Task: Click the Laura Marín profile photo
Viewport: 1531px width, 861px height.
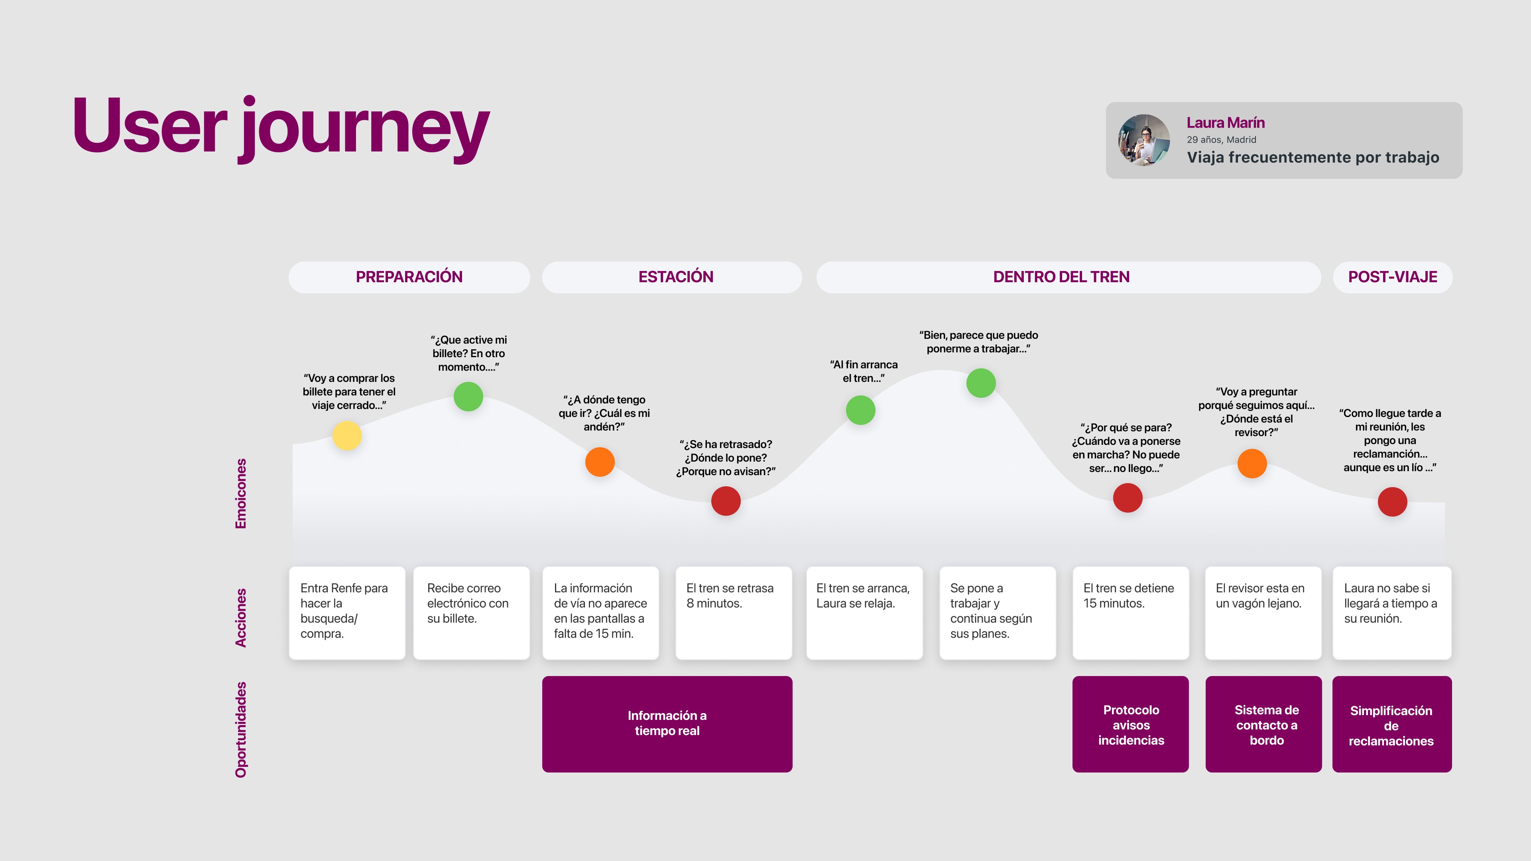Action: point(1143,140)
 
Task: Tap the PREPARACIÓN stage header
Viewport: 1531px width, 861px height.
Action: point(409,277)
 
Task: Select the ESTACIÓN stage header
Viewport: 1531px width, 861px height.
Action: point(675,277)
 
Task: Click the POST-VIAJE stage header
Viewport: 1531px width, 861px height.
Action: point(1392,277)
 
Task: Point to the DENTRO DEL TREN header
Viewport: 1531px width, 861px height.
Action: point(1061,277)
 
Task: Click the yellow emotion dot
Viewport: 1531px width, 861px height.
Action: point(347,436)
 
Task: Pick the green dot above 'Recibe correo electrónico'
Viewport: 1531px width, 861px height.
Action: point(468,396)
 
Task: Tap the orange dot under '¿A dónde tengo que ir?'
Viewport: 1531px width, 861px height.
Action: point(600,462)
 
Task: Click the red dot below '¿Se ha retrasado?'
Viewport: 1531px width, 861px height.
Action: point(726,501)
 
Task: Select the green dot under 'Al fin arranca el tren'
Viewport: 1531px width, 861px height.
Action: point(861,410)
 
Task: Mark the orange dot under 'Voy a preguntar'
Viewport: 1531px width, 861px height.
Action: point(1252,464)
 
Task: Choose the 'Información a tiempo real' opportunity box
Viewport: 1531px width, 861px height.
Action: point(667,724)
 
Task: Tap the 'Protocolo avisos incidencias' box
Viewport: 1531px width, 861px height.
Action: point(1130,724)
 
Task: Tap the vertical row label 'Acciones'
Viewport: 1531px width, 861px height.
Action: point(241,617)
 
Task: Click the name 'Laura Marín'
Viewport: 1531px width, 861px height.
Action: point(1226,122)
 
